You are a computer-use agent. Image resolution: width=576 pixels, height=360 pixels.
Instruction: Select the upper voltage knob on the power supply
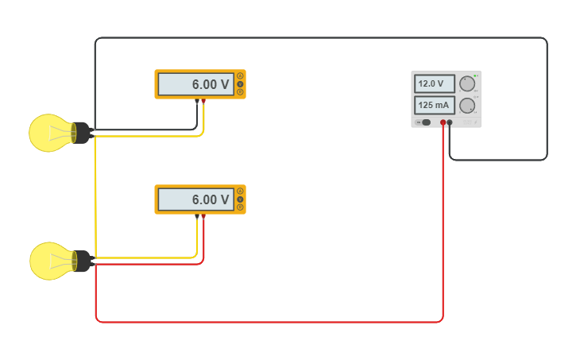click(467, 83)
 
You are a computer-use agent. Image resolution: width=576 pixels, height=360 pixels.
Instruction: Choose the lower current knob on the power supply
click(467, 105)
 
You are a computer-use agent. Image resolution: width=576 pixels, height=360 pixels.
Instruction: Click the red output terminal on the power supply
click(443, 122)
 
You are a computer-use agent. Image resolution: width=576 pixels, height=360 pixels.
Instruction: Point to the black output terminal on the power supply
click(450, 122)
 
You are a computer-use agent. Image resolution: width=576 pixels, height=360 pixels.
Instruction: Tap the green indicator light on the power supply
click(476, 75)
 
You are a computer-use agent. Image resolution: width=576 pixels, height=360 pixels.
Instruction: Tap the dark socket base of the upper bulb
click(82, 133)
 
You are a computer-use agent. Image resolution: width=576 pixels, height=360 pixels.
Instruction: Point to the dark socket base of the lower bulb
click(83, 261)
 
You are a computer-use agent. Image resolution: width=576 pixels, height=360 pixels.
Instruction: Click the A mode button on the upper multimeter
click(240, 76)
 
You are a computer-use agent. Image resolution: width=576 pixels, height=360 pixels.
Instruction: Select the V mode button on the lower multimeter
click(240, 199)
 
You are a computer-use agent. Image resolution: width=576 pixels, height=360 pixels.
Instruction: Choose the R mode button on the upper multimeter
click(240, 92)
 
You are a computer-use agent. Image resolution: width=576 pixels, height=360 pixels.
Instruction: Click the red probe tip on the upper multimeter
click(203, 100)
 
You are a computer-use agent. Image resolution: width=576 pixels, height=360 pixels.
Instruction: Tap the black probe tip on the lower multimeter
click(197, 215)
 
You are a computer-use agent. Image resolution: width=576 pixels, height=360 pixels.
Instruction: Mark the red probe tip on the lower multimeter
click(203, 215)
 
